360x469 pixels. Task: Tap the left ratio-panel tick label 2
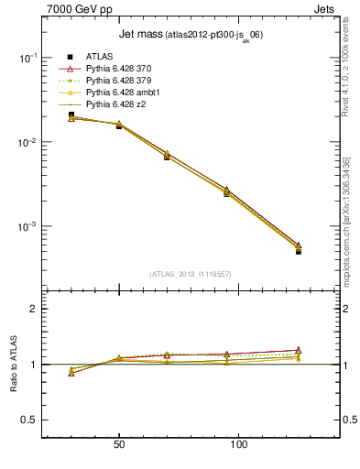pyautogui.click(x=34, y=309)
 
